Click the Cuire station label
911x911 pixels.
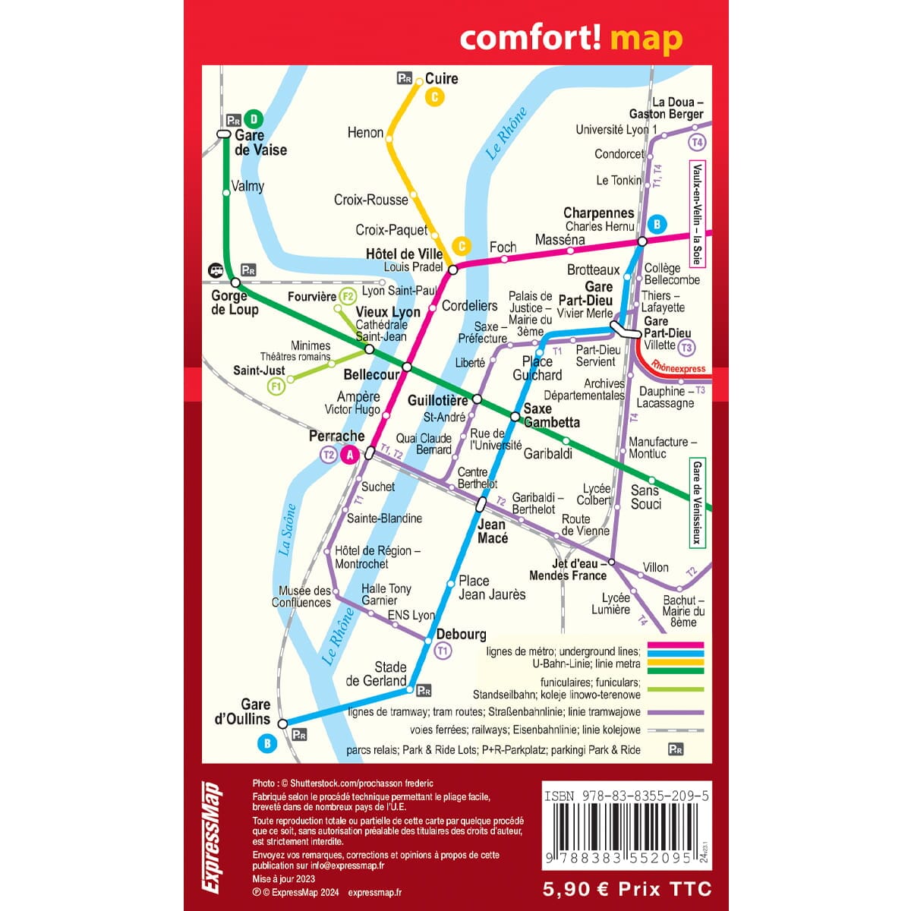[441, 78]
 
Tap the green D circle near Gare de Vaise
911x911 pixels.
[254, 119]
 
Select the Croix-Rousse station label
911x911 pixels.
[370, 200]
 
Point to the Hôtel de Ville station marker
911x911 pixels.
[453, 269]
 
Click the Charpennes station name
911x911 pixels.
[598, 213]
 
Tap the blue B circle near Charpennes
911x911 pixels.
[657, 224]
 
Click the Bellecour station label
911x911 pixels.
[371, 374]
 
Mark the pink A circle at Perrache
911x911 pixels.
[350, 455]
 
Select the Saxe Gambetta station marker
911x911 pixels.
[515, 417]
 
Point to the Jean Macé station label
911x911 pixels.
[492, 531]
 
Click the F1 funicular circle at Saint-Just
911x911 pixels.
[276, 387]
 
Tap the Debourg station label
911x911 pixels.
[461, 634]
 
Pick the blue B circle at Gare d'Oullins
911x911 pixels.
[266, 744]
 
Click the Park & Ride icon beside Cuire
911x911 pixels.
[405, 77]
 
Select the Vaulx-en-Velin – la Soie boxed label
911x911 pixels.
[696, 213]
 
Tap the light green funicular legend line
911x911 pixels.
[675, 689]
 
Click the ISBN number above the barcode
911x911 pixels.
[626, 796]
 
